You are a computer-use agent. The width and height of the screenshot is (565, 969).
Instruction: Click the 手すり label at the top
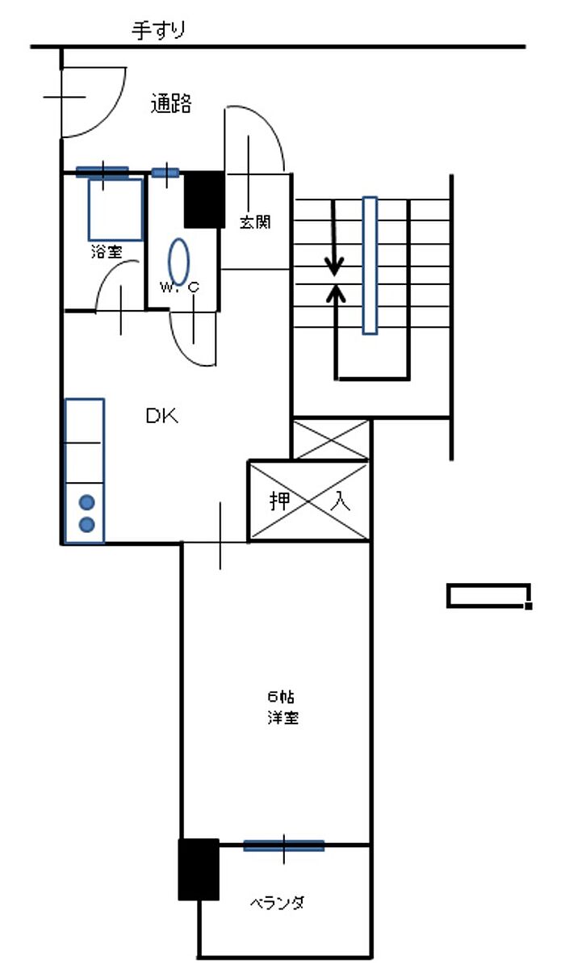pos(159,31)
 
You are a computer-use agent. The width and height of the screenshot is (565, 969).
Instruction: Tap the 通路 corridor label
pos(171,103)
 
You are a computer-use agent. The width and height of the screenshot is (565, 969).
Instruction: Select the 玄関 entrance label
pos(255,222)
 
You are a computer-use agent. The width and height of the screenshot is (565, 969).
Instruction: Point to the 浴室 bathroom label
pos(107,251)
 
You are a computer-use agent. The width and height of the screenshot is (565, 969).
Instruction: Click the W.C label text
pos(179,287)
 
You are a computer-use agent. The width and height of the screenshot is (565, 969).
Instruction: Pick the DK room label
pos(161,416)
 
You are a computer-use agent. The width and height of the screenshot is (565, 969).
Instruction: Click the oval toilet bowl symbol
pos(178,262)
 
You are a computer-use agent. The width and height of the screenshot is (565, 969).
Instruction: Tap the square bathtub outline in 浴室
pos(115,210)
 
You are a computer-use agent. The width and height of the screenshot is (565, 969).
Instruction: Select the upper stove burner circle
pos(87,502)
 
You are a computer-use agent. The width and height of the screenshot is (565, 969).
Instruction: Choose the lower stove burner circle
pos(87,524)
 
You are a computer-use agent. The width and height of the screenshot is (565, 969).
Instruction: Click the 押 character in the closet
pos(280,501)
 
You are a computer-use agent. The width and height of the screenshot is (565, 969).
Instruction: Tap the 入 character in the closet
pos(340,501)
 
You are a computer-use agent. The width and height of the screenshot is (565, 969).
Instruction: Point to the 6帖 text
pos(281,696)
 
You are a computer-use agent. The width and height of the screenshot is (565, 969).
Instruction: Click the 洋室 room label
pos(283,718)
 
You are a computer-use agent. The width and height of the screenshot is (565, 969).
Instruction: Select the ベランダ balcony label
pos(277,904)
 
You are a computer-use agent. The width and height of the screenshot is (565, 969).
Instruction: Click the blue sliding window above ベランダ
pos(283,845)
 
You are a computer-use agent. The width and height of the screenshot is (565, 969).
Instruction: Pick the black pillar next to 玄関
pos(204,199)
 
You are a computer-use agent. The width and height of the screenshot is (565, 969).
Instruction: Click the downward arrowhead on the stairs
pos(334,267)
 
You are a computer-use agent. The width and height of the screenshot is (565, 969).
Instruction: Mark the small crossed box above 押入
pos(331,439)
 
